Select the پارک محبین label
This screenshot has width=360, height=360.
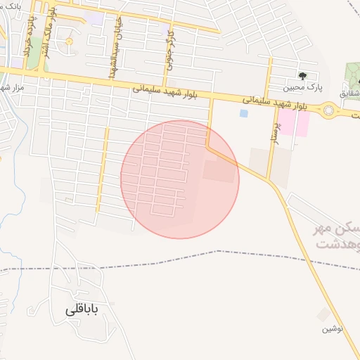click(x=299, y=89)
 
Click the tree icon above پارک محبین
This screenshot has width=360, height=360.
click(x=303, y=75)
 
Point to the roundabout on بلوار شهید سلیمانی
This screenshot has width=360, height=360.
click(x=328, y=109)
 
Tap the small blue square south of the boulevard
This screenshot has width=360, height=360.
click(x=243, y=112)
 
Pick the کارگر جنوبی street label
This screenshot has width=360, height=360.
click(x=169, y=49)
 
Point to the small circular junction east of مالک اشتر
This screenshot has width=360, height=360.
click(x=69, y=42)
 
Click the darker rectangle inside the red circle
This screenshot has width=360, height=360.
click(x=220, y=172)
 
